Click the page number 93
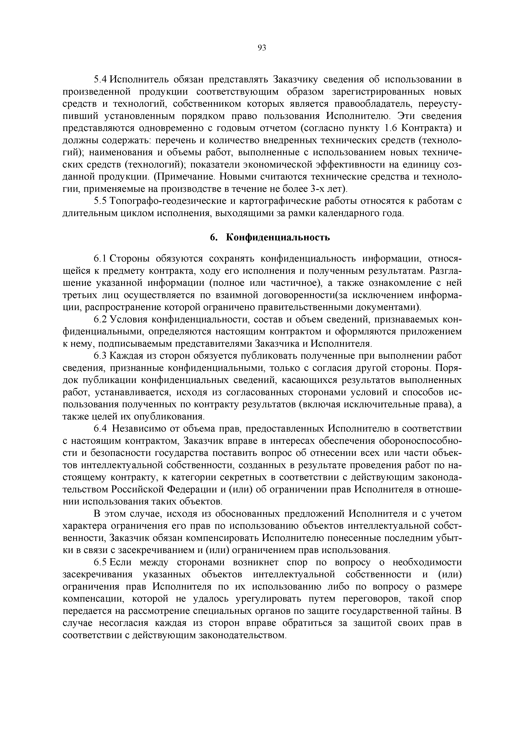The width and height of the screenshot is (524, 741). tap(262, 48)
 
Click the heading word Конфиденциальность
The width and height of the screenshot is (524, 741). tap(278, 238)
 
